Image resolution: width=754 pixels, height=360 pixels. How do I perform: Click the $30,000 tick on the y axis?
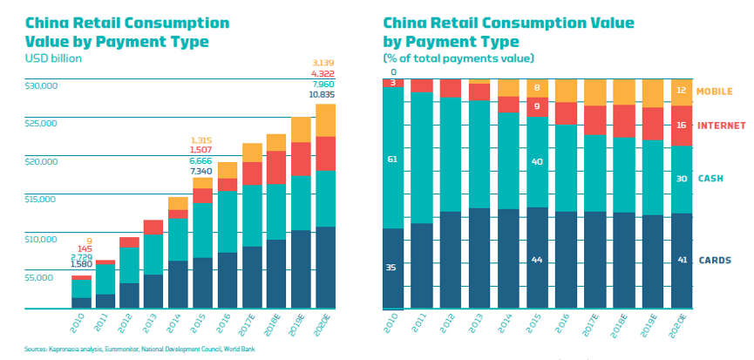[42, 85]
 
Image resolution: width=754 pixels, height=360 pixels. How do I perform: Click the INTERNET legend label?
[723, 126]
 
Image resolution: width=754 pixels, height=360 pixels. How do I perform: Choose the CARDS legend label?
[715, 260]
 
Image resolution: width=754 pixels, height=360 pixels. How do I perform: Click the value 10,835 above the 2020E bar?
[326, 93]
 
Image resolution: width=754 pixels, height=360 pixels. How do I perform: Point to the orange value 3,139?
[326, 62]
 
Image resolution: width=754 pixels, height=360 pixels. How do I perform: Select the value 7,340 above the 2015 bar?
[201, 172]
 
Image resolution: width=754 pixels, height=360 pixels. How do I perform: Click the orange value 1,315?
[201, 140]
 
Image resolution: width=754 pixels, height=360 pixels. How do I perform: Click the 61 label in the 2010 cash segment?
[391, 160]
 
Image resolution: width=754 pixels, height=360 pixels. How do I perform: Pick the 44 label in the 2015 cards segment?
[537, 261]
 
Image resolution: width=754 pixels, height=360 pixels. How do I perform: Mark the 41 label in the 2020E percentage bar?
[683, 260]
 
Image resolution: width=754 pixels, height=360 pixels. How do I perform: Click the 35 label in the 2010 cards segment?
[391, 268]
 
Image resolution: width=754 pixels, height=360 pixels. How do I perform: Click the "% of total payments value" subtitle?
[459, 58]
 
